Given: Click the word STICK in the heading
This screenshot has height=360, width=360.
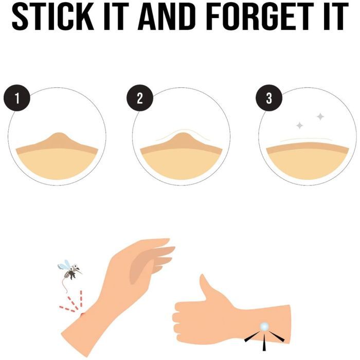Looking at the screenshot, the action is (x=52, y=16).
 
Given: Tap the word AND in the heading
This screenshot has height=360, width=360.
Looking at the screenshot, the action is (x=167, y=16).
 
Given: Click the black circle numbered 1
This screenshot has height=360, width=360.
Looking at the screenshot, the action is (x=17, y=98).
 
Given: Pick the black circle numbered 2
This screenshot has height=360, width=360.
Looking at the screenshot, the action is (x=140, y=98).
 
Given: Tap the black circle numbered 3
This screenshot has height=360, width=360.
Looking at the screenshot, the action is (x=269, y=98).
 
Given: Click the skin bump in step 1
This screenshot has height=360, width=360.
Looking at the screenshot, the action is (x=58, y=139).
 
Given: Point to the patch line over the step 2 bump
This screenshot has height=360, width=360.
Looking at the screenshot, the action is (x=183, y=131).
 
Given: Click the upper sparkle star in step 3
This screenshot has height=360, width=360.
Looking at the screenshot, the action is (x=320, y=117).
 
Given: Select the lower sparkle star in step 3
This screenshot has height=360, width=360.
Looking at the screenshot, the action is (x=299, y=125).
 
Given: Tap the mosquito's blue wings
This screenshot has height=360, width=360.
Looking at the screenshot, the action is (x=64, y=265).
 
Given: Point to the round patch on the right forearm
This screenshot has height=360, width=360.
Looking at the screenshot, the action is (x=264, y=327).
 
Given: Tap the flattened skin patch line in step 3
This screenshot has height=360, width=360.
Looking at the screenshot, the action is (x=306, y=139).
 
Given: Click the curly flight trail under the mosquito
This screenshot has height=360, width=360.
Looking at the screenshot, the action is (x=65, y=286).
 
